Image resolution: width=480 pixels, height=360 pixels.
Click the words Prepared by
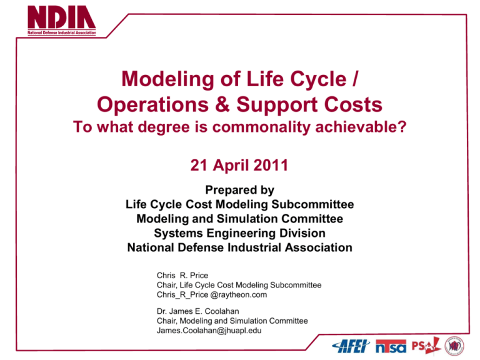[x=239, y=190]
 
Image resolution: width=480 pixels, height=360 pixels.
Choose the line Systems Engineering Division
[x=239, y=233]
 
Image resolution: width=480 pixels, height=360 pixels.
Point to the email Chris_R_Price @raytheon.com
[x=212, y=294]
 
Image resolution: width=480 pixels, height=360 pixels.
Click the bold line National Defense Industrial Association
[x=239, y=247]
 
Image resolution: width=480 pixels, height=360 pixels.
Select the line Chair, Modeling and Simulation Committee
[x=232, y=321]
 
